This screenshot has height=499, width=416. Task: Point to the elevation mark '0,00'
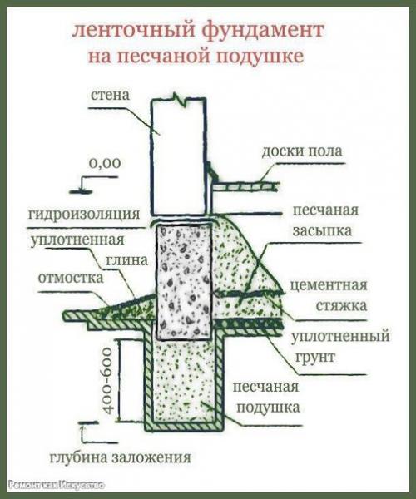coord(105,164)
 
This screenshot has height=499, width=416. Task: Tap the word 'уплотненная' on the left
coord(72,241)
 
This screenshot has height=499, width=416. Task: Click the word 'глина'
coord(126,260)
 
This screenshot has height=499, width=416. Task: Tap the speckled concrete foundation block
coord(186,279)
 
